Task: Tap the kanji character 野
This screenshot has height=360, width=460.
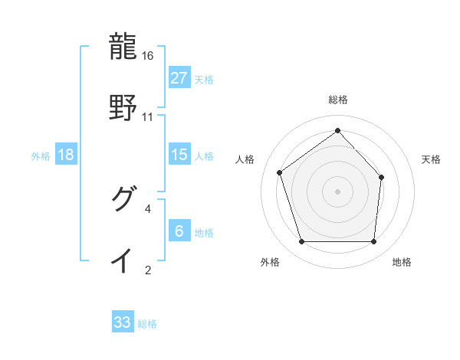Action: [x=123, y=107]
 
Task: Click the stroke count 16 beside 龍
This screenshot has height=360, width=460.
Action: [x=148, y=56]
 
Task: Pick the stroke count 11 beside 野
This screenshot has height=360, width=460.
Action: [x=148, y=116]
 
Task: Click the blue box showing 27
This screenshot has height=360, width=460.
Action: [x=179, y=78]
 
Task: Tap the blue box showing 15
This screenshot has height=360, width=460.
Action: [x=179, y=155]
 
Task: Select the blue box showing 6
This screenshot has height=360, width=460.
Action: [x=179, y=231]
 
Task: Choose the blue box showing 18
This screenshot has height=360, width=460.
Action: [x=66, y=155]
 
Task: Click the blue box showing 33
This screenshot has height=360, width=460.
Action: [x=123, y=322]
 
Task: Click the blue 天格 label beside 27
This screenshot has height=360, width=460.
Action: [x=204, y=79]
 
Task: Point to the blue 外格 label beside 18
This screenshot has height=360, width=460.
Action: [x=41, y=155]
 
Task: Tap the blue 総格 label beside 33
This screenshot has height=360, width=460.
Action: [x=147, y=323]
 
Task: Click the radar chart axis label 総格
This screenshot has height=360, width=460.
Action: [x=337, y=100]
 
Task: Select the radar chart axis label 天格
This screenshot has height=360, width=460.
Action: [x=432, y=159]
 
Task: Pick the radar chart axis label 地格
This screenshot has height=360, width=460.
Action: [x=402, y=262]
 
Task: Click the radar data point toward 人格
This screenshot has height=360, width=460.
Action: [x=280, y=172]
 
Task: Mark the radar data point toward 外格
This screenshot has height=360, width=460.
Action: [x=301, y=241]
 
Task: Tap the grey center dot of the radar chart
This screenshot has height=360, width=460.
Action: [x=337, y=191]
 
